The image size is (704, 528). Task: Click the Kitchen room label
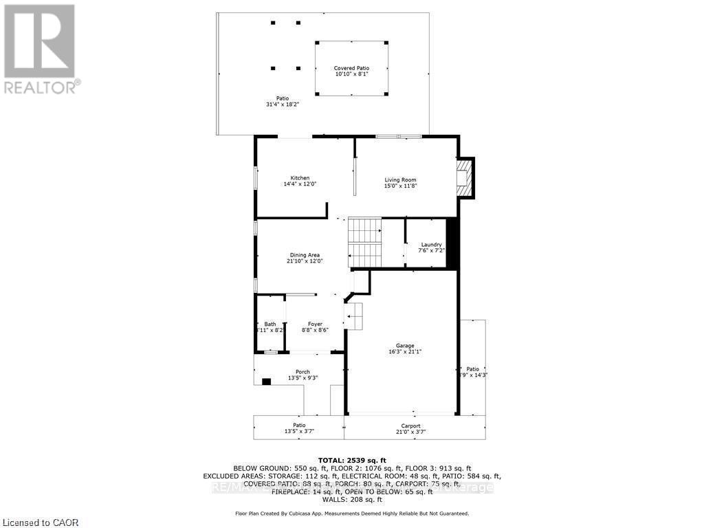tap(300, 178)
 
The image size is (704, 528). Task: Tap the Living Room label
tap(400, 180)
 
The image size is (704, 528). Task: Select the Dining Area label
tap(304, 255)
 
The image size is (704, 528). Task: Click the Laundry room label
tap(431, 245)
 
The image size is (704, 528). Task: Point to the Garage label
tap(404, 346)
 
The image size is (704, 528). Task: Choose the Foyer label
tap(315, 324)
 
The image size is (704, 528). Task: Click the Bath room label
tap(269, 324)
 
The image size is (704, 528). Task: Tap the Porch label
tap(302, 372)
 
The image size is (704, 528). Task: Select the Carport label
tap(410, 426)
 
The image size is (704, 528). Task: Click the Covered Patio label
tap(351, 68)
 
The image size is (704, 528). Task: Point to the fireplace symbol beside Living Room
tap(465, 177)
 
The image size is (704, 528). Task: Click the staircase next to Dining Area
tap(364, 242)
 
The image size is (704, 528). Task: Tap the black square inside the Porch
tap(266, 381)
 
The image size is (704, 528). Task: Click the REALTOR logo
tap(40, 48)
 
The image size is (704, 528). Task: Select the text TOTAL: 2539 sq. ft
tap(351, 460)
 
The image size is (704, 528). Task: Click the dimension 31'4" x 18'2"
tap(283, 104)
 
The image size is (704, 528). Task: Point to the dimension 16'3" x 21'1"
tap(404, 351)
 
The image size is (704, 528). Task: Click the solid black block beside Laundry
tap(452, 243)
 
